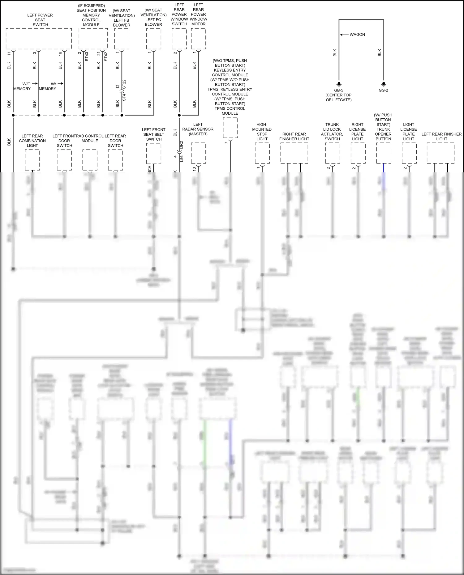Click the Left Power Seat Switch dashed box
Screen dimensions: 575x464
tap(39, 39)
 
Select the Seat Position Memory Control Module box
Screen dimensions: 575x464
tap(93, 39)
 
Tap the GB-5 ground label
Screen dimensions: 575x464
tap(339, 90)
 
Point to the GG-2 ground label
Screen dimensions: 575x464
tap(383, 90)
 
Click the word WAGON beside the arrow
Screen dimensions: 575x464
tap(357, 35)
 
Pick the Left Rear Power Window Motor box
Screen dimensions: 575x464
tap(198, 39)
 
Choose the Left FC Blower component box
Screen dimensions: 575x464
tap(153, 39)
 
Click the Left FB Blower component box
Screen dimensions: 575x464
tap(122, 39)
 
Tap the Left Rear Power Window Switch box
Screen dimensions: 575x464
tap(179, 39)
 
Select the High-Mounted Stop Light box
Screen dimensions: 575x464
tap(262, 153)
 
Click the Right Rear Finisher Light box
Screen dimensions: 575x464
tap(294, 153)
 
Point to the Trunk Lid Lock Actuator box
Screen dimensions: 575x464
tap(333, 153)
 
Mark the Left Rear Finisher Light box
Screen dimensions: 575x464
tap(441, 153)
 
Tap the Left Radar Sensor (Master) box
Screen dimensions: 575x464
tap(198, 153)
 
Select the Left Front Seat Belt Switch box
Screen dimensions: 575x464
tap(154, 154)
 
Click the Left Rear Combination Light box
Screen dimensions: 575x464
tap(32, 159)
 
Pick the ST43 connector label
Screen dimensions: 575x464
tap(87, 56)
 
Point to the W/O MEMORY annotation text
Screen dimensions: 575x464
tap(22, 86)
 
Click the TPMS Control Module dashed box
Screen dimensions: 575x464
tap(230, 128)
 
